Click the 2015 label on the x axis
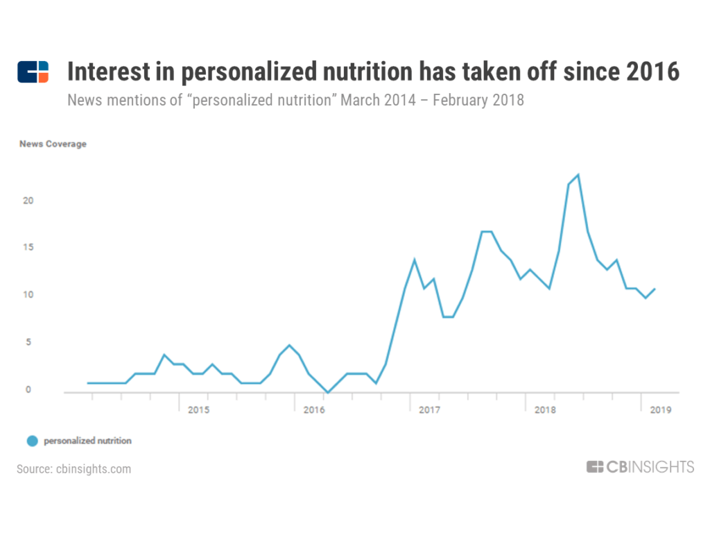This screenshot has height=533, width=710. (x=198, y=410)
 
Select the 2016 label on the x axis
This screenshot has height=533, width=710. (x=314, y=410)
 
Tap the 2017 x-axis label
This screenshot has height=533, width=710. (x=430, y=410)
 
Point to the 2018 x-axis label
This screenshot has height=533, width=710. (x=546, y=410)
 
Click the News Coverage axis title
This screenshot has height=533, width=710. (x=53, y=144)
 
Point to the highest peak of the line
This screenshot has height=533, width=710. (x=578, y=175)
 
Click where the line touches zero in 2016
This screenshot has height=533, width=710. (x=328, y=392)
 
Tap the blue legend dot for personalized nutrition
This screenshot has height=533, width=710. (x=32, y=441)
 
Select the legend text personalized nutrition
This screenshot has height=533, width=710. (x=87, y=441)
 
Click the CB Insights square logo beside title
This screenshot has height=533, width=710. (x=33, y=72)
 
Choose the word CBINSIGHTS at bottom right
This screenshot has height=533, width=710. (x=650, y=467)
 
